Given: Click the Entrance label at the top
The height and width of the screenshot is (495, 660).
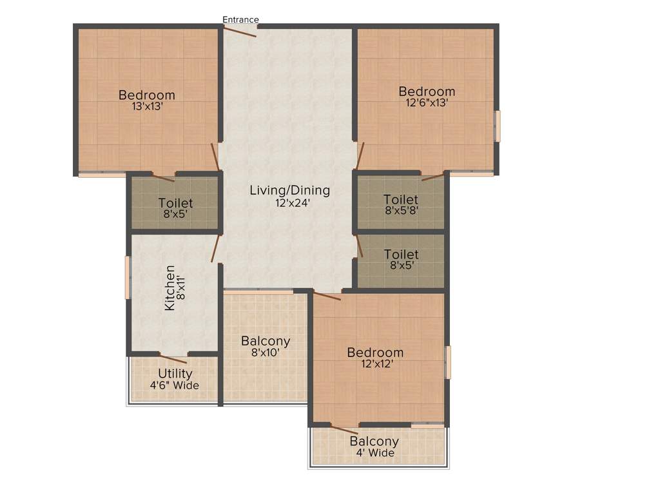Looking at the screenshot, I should pos(240,19).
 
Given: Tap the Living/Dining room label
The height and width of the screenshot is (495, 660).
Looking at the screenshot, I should pos(289,190).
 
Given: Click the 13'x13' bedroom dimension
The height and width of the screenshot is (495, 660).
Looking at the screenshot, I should pos(146,107).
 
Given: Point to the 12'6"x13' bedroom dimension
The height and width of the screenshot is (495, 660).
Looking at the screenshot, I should pos(426,102).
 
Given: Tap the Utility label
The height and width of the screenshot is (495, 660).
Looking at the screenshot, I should pos(175,374).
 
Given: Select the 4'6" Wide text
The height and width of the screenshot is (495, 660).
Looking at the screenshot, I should pos(175,385).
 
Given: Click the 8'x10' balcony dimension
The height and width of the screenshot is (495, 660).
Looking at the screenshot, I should pos(265,353).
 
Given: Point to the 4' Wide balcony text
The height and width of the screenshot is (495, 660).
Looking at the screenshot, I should pos(374,453).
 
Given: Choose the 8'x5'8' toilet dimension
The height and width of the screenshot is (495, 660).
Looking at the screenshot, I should pos(400,210).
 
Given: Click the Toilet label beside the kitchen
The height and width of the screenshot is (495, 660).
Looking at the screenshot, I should pos(175,204).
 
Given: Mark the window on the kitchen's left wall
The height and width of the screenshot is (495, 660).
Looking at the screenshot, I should pos(128,277).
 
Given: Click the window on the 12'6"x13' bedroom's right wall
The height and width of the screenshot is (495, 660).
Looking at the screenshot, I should pos(497,126).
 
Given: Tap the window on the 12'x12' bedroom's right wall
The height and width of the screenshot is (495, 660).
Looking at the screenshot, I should pos(448,362).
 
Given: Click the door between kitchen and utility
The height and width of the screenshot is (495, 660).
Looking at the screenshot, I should pos(173,358).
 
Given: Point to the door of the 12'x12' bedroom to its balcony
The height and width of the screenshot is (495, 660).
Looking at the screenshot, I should pos(344,429).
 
